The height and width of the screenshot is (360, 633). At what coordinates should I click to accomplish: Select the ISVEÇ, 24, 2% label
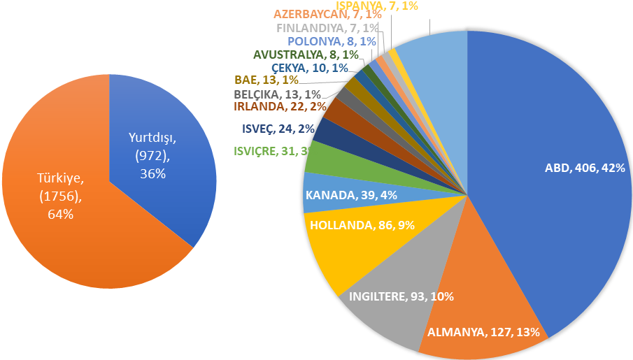click(269, 129)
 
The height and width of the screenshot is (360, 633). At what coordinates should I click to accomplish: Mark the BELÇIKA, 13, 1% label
click(277, 94)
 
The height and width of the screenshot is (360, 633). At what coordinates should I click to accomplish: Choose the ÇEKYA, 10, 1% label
click(309, 67)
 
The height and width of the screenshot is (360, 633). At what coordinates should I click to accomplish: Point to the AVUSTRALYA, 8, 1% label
click(306, 55)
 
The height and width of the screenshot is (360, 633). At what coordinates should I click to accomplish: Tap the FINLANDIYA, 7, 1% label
click(327, 29)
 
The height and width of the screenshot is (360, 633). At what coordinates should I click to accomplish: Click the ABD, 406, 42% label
click(585, 168)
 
